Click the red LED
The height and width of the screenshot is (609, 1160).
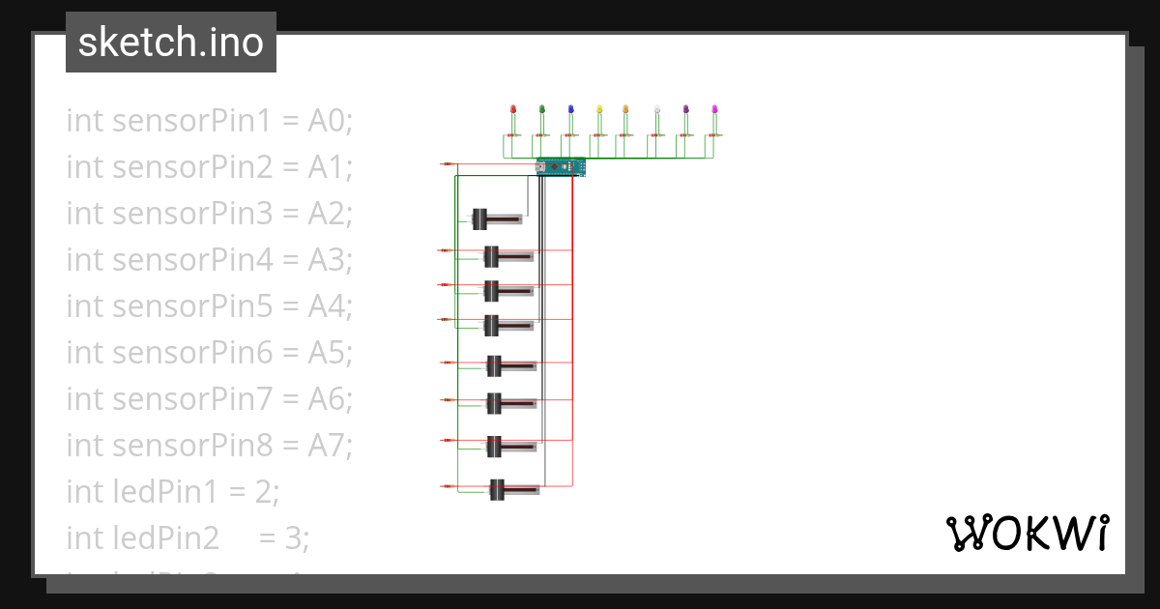tap(513, 109)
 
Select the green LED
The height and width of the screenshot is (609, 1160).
tap(542, 109)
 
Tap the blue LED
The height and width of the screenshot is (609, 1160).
tap(571, 109)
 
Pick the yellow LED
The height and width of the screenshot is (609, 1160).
tap(599, 109)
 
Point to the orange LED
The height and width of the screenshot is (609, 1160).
tap(625, 109)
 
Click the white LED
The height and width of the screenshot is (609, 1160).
tap(657, 109)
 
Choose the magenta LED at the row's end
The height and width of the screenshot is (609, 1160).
tap(714, 109)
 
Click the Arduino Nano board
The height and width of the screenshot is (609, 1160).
tap(561, 167)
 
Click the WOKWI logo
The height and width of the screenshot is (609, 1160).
tap(1027, 533)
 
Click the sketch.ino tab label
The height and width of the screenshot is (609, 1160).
tap(171, 43)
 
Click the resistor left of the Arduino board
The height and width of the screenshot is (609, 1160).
tap(449, 164)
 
